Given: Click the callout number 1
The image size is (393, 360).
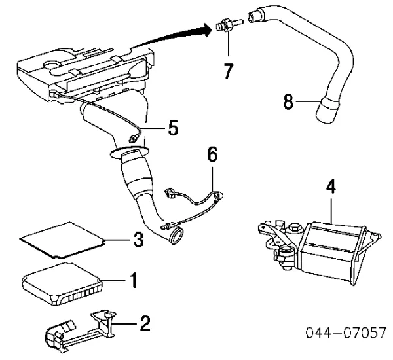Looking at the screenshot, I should [x=133, y=282].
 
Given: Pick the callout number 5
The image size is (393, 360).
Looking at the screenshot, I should [x=172, y=128].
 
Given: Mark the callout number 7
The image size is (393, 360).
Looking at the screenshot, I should [x=228, y=70].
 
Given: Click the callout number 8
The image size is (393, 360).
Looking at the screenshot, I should [x=288, y=102].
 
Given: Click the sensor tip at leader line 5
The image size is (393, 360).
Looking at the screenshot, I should [x=133, y=139].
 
